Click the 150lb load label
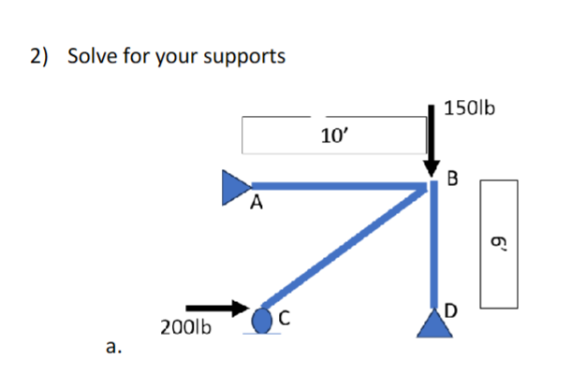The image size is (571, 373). click(x=470, y=108)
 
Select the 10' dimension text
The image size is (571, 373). click(x=333, y=137)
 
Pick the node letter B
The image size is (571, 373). click(x=454, y=178)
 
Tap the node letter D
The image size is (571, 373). click(x=453, y=309)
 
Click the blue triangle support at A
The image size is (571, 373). click(x=234, y=186)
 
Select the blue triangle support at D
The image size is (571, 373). click(x=432, y=323)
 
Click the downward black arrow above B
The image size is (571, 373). click(x=432, y=140)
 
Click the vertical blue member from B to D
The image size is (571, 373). click(x=432, y=248)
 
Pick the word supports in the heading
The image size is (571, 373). click(x=243, y=58)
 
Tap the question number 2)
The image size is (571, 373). click(x=38, y=56)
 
